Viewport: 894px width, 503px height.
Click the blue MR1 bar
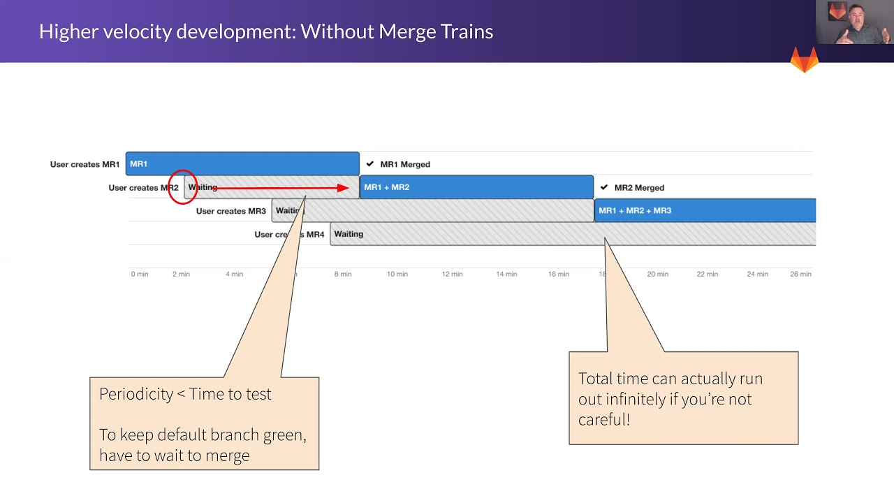tap(242, 163)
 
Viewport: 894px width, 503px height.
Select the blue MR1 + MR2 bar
tap(476, 187)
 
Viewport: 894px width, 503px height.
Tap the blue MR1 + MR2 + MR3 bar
tap(705, 210)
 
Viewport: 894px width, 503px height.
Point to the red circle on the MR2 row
tap(182, 187)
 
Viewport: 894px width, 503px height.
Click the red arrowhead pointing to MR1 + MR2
tap(343, 187)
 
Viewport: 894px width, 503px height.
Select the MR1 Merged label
tap(405, 164)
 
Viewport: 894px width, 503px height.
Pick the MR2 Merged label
tap(639, 188)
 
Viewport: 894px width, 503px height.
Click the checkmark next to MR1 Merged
tap(370, 164)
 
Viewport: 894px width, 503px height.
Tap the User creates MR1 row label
tap(85, 165)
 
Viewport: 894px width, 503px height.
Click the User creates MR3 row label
tap(230, 211)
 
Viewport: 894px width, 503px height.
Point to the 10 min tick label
tap(397, 274)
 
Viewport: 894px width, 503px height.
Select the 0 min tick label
tap(140, 274)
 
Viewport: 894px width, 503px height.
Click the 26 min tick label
tap(800, 274)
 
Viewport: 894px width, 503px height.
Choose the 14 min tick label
tap(506, 274)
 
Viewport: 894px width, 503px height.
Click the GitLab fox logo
tap(805, 60)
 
